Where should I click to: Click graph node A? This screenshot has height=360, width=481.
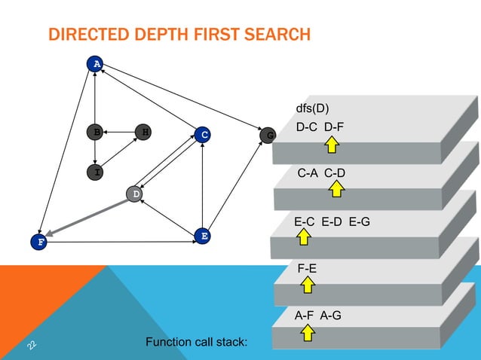95,64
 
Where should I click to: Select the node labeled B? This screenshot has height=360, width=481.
95,133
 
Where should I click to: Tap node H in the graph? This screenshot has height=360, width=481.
143,133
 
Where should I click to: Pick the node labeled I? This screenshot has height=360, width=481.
96,172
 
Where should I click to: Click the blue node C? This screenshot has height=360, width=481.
202,136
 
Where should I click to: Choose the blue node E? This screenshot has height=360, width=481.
201,236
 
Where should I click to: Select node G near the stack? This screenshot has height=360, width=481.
269,136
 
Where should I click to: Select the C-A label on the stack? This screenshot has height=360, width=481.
308,173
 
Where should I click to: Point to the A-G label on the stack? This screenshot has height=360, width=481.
330,315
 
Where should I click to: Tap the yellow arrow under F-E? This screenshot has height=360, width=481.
308,284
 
